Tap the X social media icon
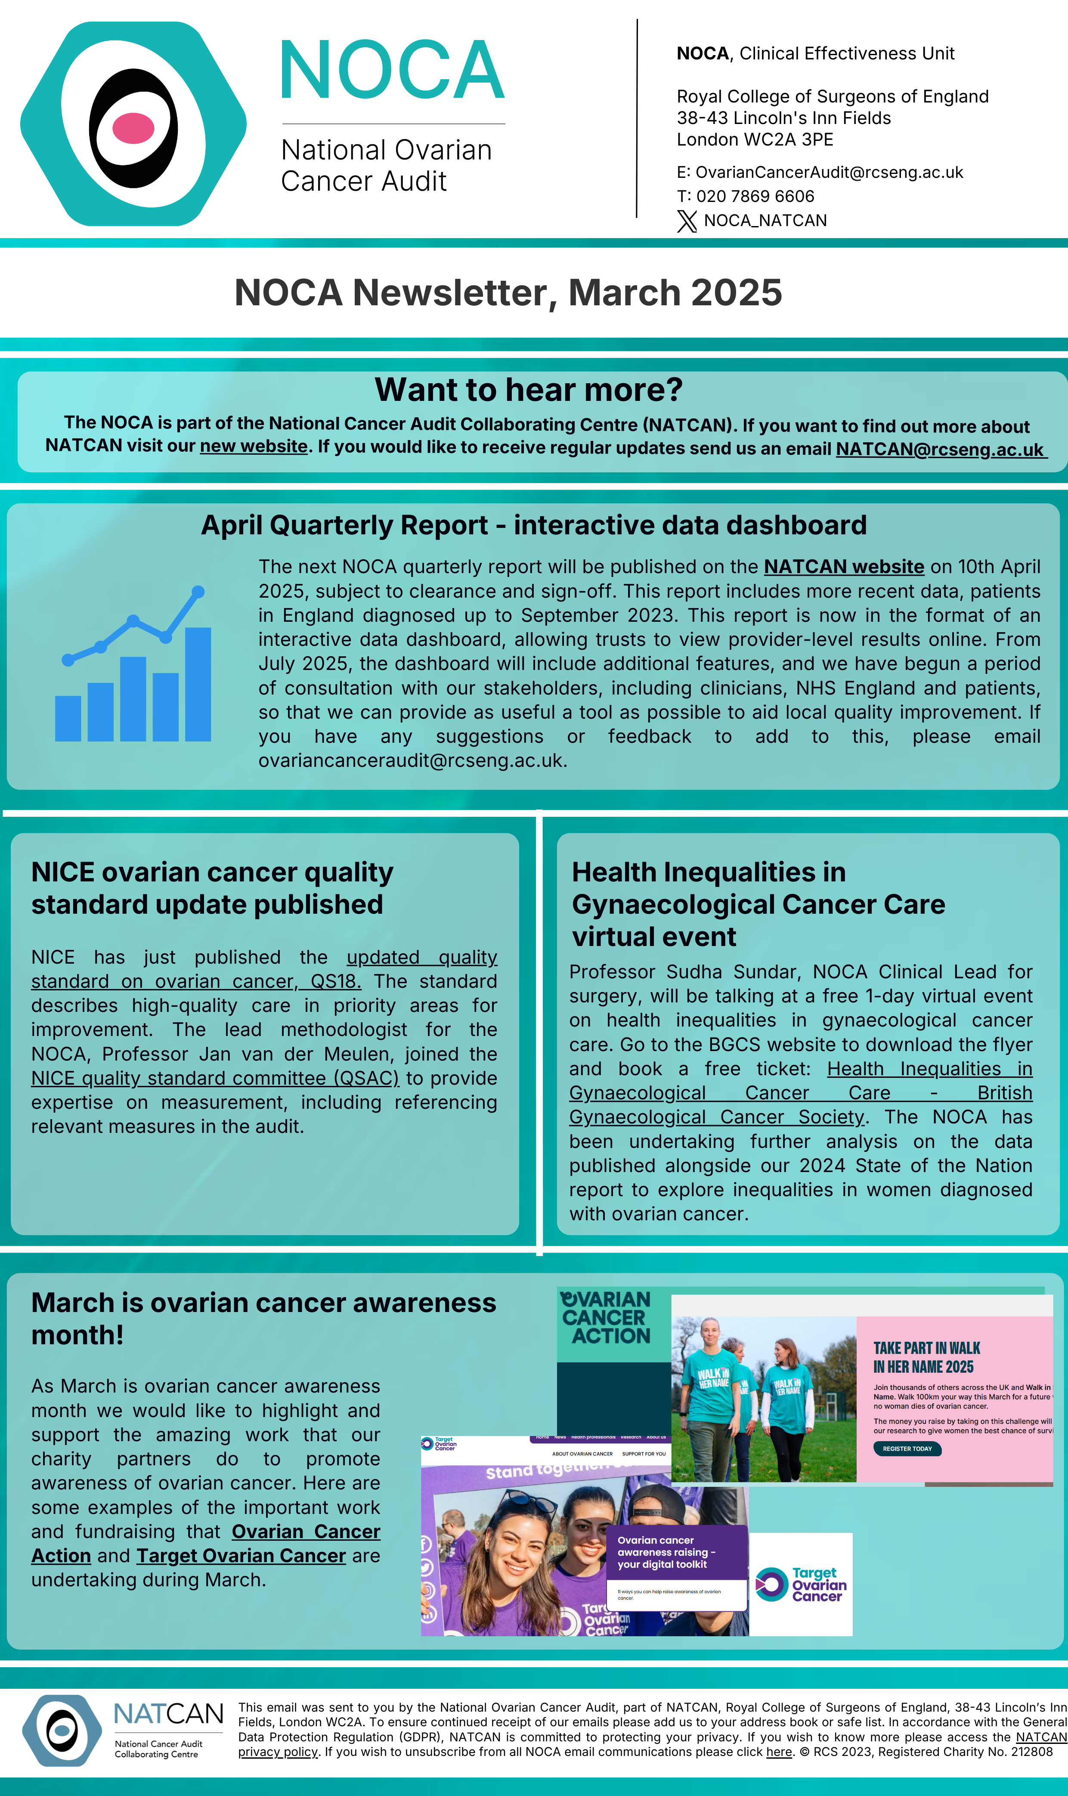(687, 221)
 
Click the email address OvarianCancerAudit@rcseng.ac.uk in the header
(828, 173)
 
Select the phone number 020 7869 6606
(755, 196)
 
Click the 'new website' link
(253, 446)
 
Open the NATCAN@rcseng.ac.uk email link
(939, 449)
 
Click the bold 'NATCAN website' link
(843, 567)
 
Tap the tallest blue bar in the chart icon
(198, 684)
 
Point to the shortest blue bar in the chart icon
(68, 718)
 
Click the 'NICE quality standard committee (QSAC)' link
(214, 1078)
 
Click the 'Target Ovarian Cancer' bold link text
(241, 1556)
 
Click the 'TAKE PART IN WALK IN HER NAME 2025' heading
(926, 1357)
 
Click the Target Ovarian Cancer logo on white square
(801, 1585)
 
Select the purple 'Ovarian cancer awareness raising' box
(677, 1551)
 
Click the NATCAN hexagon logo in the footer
(62, 1730)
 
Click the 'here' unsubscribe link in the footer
(779, 1751)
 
